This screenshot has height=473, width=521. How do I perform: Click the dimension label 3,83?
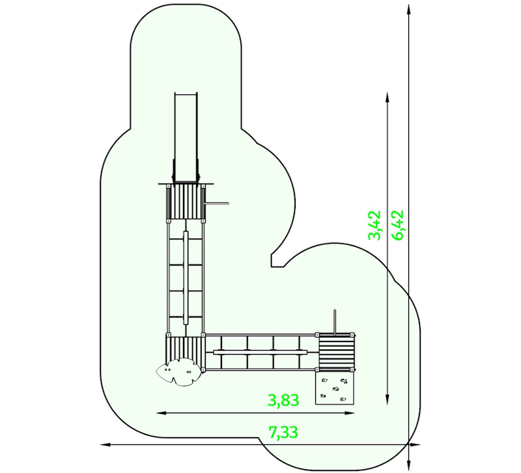283,400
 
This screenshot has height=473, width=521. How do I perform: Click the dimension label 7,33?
283,433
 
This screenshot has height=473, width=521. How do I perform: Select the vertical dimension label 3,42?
374,225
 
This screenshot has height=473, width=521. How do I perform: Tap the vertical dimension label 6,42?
397,225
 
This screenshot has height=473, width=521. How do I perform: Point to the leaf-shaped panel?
178,372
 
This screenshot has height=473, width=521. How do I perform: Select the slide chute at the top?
186,138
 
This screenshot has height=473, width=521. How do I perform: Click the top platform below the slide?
186,202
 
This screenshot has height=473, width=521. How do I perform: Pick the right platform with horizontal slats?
335,352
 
